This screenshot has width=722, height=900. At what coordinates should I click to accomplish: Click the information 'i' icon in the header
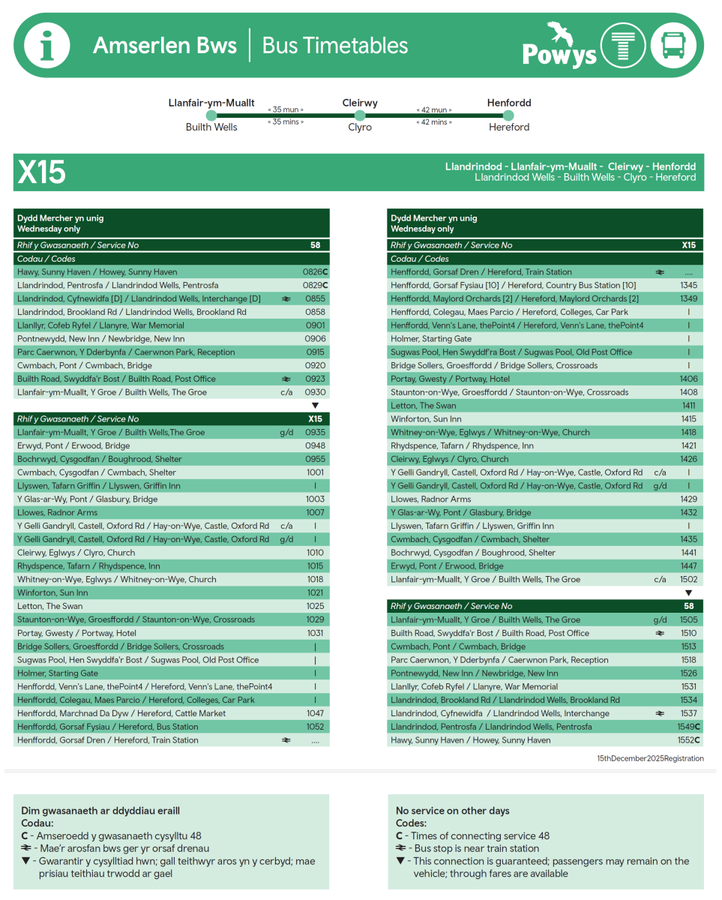click(47, 46)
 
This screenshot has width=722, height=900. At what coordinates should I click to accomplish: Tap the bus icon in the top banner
click(673, 46)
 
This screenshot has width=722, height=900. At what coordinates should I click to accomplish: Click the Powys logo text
click(559, 54)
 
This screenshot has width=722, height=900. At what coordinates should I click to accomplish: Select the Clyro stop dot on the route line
click(360, 115)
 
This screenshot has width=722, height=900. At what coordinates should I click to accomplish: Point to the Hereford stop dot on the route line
click(508, 115)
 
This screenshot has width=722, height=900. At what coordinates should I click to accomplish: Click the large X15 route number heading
click(42, 172)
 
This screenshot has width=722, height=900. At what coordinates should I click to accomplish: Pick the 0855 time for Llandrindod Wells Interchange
click(315, 299)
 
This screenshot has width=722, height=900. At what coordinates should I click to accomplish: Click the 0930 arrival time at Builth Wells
click(315, 392)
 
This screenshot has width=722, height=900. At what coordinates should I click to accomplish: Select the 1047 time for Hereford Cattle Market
click(315, 713)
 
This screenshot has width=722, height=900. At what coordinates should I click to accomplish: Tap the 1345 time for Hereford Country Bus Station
click(688, 286)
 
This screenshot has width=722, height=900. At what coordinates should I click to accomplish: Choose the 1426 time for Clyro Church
click(688, 459)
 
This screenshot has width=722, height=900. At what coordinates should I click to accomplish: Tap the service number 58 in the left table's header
click(315, 245)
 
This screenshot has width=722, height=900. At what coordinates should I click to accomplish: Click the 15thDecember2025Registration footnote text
click(650, 758)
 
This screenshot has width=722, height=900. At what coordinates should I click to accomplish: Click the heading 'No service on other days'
click(452, 811)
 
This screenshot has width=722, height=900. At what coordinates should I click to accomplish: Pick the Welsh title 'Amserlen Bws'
click(165, 46)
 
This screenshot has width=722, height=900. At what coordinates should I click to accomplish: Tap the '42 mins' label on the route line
click(434, 122)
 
